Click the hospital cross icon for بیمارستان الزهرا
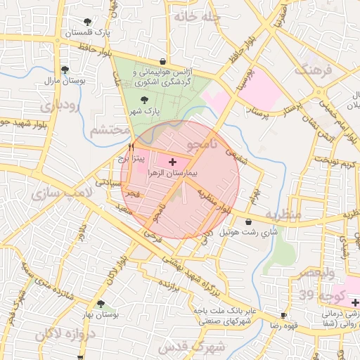tap(173, 162)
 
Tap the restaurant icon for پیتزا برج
tap(131, 148)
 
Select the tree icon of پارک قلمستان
tap(87, 22)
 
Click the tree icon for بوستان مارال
tap(65, 70)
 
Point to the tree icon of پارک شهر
tap(145, 100)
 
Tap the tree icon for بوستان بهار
tap(101, 304)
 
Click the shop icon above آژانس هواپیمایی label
tap(163, 61)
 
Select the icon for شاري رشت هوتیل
tap(248, 221)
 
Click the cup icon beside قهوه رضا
tap(283, 316)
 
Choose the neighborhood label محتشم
tap(110, 129)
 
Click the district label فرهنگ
tap(312, 70)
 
